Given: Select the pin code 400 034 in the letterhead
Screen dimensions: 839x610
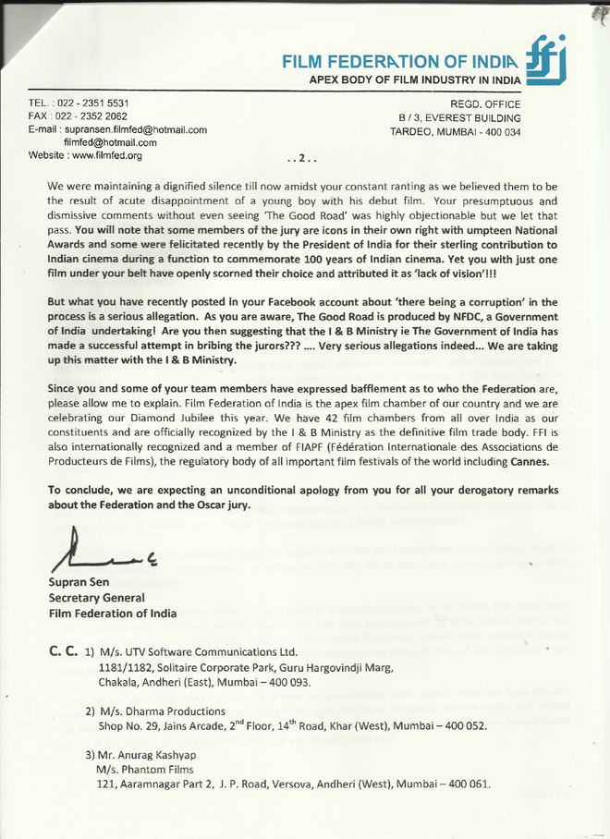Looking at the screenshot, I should tap(502, 131).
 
